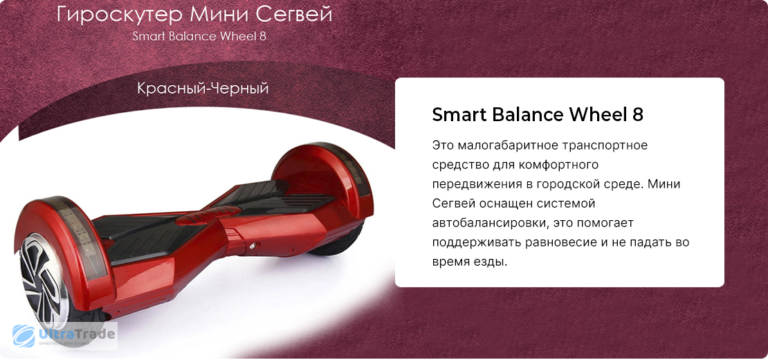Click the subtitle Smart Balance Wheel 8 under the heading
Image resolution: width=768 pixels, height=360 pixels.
click(x=199, y=37)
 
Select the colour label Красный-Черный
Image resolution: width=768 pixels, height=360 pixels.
click(x=203, y=89)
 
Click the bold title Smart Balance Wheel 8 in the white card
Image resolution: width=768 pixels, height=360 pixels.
click(x=538, y=115)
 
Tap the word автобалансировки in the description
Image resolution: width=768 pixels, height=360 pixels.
click(x=486, y=224)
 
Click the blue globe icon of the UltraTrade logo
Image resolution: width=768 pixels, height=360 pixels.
click(x=24, y=336)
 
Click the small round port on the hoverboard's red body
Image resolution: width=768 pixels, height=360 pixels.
click(x=253, y=246)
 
